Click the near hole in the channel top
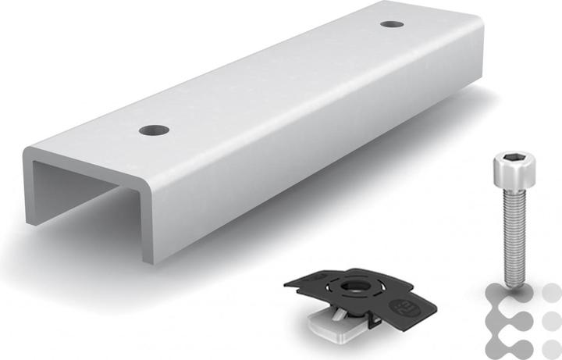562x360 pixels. pyautogui.click(x=154, y=129)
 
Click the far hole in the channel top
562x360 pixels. pyautogui.click(x=392, y=24)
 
